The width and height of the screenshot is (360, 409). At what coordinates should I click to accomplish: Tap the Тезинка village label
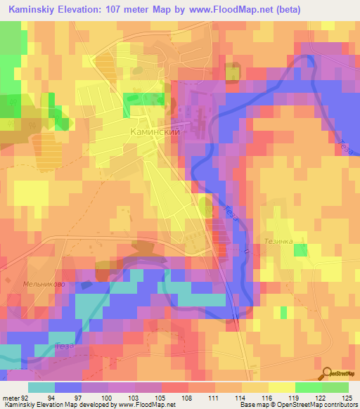(278, 240)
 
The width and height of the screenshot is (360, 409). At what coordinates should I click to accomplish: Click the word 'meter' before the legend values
(12, 398)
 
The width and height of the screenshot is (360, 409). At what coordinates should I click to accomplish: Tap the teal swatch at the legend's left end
(41, 387)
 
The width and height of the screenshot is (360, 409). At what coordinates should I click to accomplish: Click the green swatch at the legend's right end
(335, 387)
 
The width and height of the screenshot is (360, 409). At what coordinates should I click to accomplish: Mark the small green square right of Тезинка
(300, 250)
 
